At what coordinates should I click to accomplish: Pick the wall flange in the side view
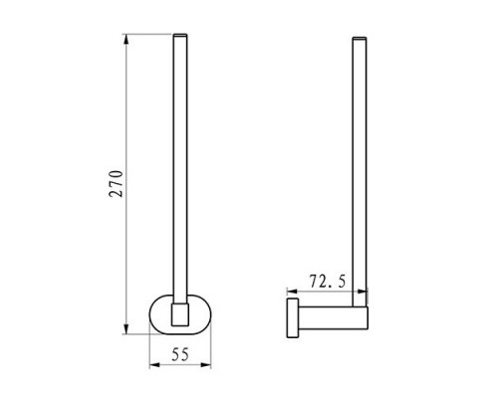click(x=293, y=318)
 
